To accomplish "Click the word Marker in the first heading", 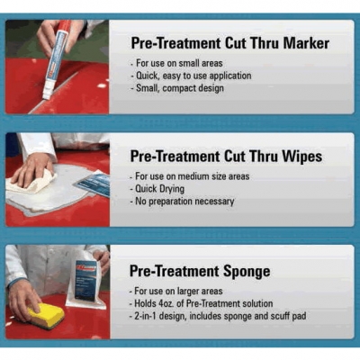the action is coord(306,43).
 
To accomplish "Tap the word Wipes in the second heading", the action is coord(301,157).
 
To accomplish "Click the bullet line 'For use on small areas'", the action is coord(177,63).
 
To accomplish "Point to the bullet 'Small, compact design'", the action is coord(177,88).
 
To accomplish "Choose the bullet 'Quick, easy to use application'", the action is coord(191,76).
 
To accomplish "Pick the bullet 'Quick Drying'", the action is coord(157,189).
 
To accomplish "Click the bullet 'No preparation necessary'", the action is coord(182,202).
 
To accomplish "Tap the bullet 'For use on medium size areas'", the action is coord(190,176).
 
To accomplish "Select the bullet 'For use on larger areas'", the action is coord(176,291).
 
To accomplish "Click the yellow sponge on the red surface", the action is coord(48,315).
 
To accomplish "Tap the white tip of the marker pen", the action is coord(46,93).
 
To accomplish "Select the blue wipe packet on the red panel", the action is coord(93,183).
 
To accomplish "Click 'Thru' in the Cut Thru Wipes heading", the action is coord(263,157).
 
